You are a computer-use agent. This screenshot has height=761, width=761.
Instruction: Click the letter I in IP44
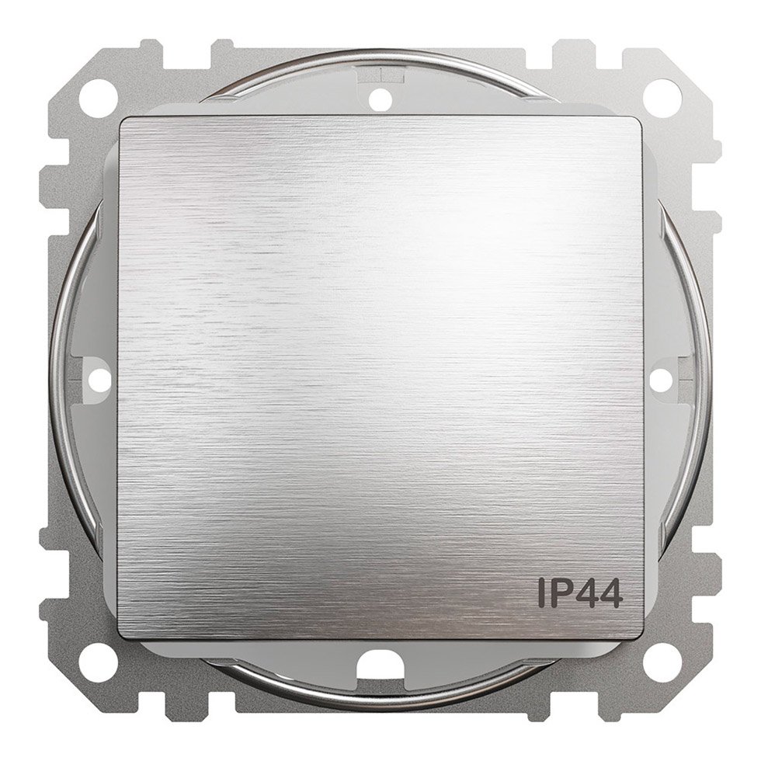pyautogui.click(x=540, y=593)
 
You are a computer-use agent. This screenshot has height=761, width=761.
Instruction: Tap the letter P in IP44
pyautogui.click(x=558, y=593)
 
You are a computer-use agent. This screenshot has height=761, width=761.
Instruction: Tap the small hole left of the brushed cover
pyautogui.click(x=100, y=374)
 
